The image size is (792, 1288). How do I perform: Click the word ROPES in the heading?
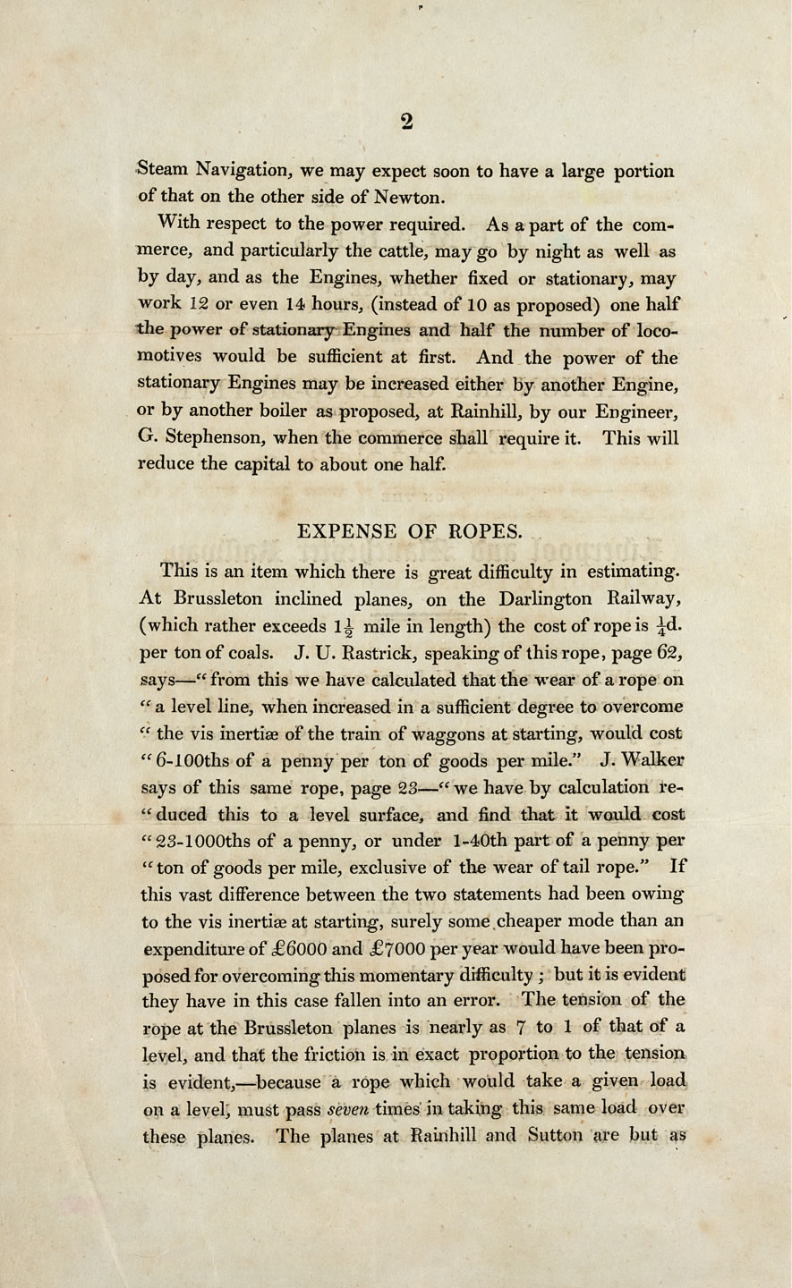[482, 530]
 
